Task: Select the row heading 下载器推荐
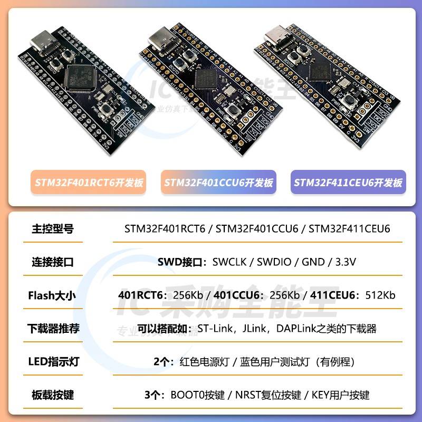pos(53,329)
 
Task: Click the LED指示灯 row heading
pos(53,362)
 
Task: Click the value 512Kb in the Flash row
pos(380,295)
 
